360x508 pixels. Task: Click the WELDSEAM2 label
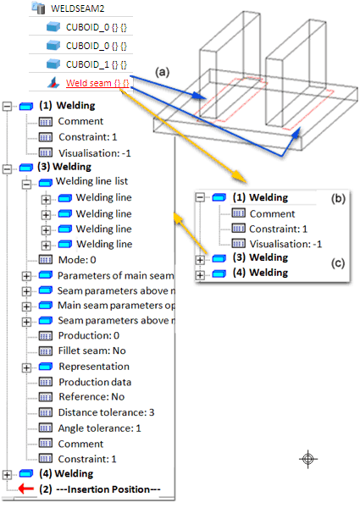(x=77, y=8)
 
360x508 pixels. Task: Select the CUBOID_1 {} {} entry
(x=97, y=64)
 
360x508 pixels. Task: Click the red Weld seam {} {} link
(x=97, y=83)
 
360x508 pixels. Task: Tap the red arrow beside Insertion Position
(x=26, y=489)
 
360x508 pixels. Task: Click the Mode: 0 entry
(x=77, y=260)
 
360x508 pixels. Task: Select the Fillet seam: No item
(x=92, y=351)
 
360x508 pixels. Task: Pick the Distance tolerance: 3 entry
(x=106, y=412)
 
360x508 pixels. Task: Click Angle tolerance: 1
(x=99, y=428)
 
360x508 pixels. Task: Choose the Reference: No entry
(x=91, y=397)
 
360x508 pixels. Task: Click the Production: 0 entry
(x=89, y=335)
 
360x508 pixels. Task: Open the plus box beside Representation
(x=26, y=367)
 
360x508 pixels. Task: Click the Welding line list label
(x=92, y=181)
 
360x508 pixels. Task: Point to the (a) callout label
(x=163, y=72)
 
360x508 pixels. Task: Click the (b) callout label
(x=338, y=198)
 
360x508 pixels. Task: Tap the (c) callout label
(x=338, y=263)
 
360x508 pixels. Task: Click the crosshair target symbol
(x=308, y=459)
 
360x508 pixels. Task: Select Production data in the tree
(x=95, y=382)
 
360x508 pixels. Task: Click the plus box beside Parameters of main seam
(x=26, y=276)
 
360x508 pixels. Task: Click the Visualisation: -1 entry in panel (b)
(x=285, y=244)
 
